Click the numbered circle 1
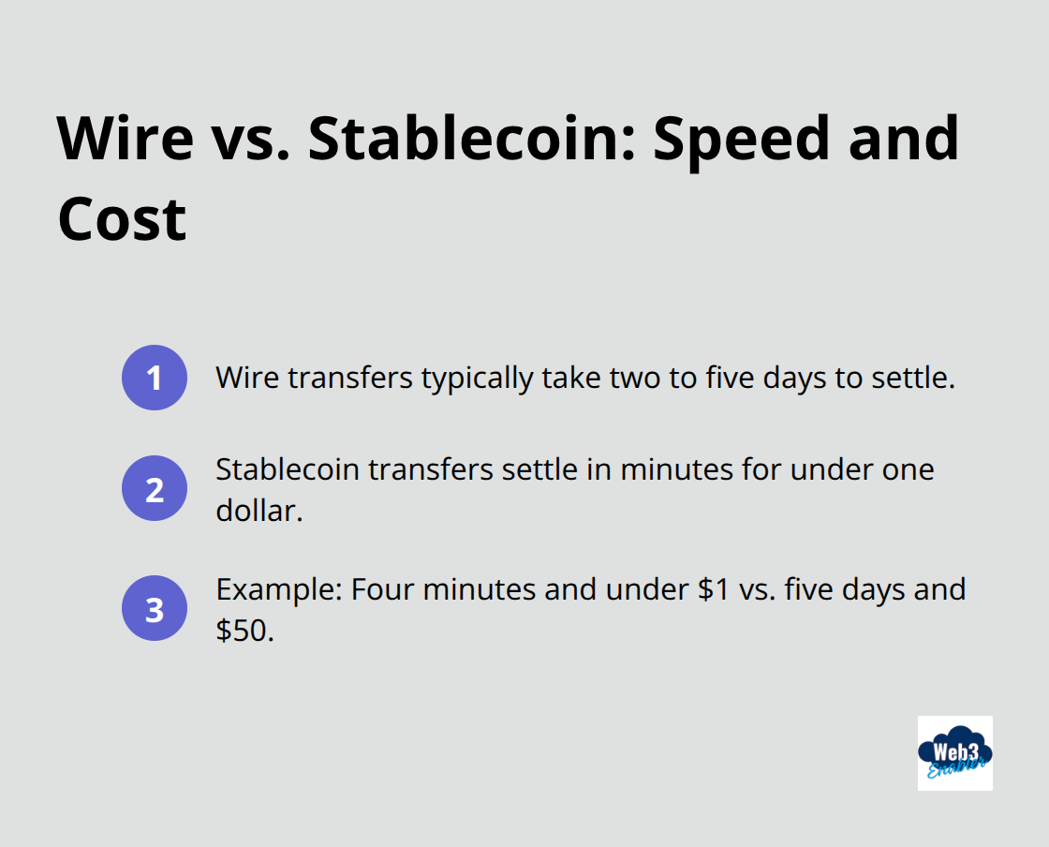coord(155,378)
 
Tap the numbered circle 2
coord(155,488)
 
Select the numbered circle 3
coord(155,608)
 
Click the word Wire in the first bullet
coord(247,378)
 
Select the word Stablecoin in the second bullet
coord(288,468)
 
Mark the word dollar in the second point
coord(256,512)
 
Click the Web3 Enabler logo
coord(954,752)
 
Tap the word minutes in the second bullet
coord(664,468)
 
